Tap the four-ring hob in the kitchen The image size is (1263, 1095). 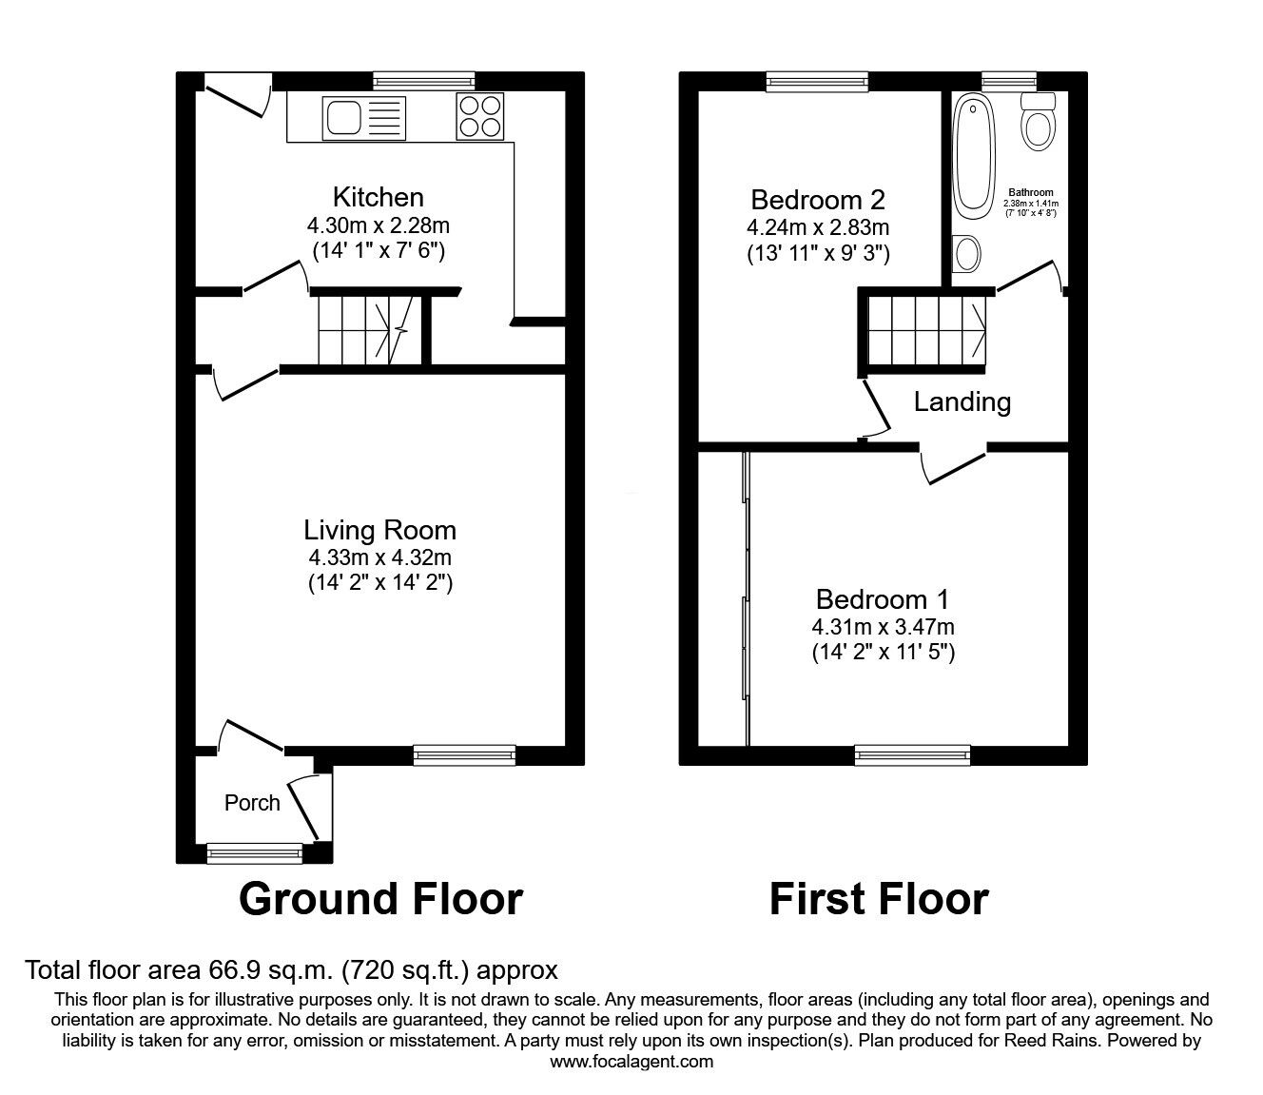480,117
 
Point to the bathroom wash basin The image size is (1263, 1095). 969,253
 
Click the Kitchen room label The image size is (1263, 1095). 378,197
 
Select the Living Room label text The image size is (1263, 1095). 379,530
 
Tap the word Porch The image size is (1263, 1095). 252,803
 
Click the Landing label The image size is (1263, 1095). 962,401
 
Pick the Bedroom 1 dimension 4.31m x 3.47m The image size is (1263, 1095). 883,627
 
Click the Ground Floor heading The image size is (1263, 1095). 380,898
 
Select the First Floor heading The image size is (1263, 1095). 878,898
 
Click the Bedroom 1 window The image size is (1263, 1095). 912,755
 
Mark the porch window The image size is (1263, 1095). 254,853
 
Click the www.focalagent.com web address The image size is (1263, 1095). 631,1062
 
